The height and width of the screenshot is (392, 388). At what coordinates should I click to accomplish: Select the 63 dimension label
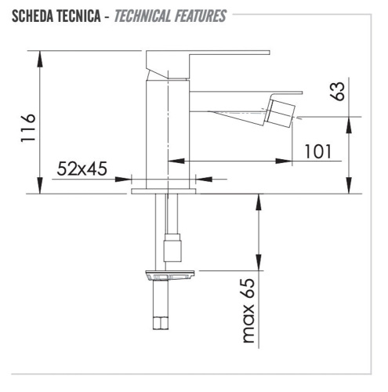[x=338, y=91]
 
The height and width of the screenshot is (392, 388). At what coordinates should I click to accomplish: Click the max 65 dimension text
[x=249, y=311]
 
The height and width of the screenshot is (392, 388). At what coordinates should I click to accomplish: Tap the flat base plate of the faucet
[x=165, y=190]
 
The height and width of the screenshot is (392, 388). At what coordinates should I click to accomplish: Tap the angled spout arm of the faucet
[x=227, y=110]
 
